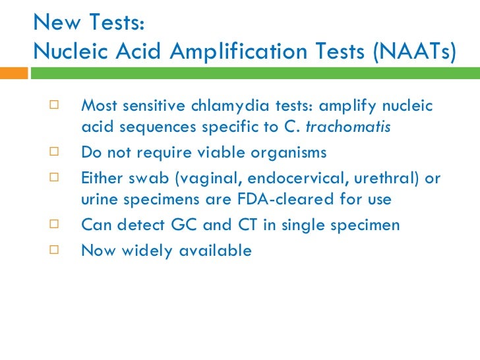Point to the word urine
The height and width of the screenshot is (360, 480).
pyautogui.click(x=98, y=199)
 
